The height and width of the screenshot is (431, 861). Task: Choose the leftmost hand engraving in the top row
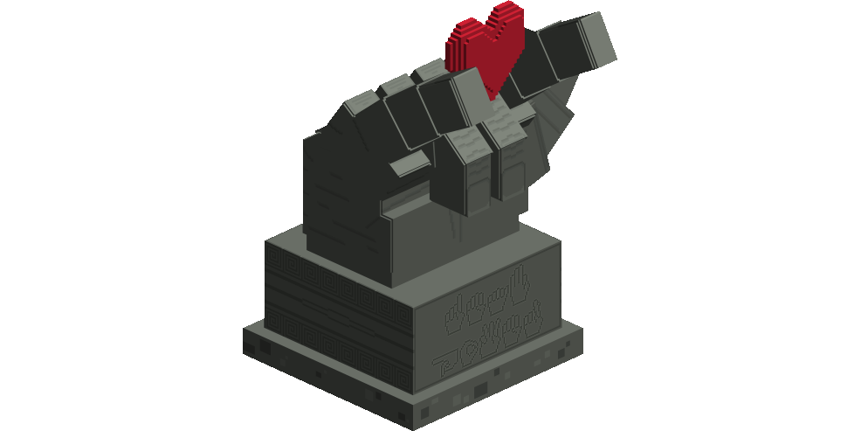[456, 318]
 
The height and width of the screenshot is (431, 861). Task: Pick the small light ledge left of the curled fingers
[410, 163]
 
